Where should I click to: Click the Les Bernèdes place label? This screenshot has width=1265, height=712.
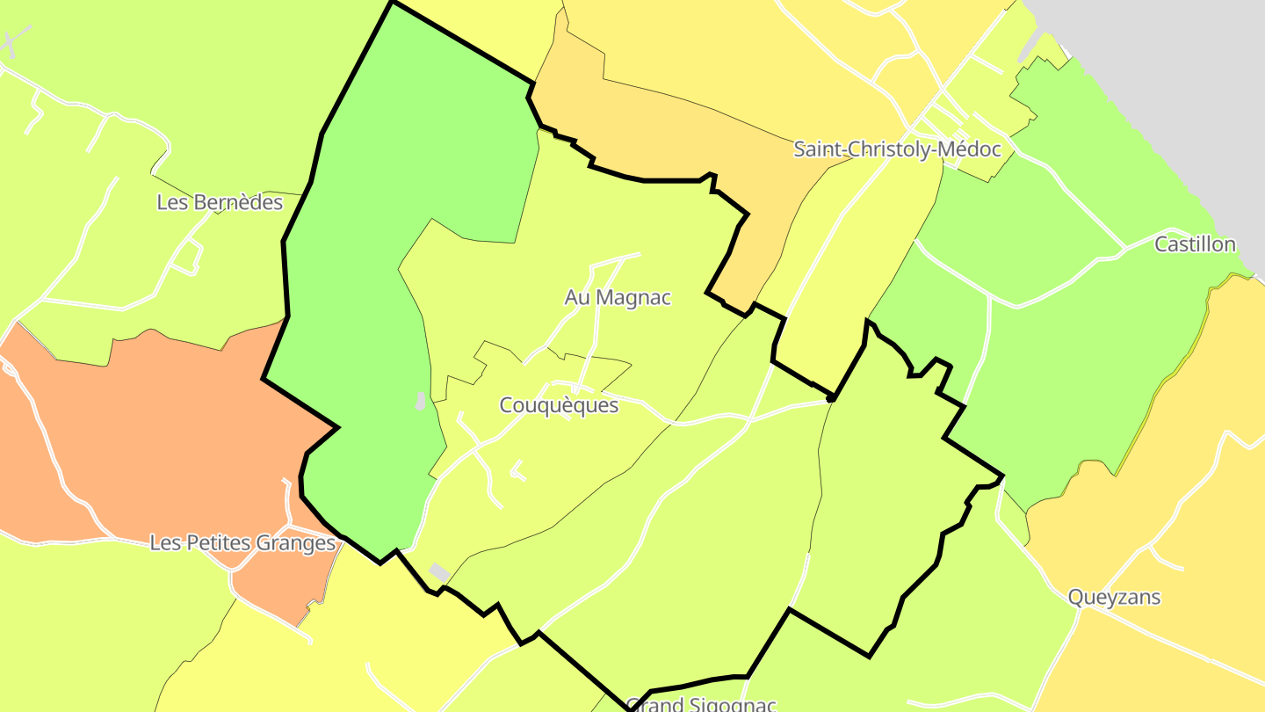pos(220,202)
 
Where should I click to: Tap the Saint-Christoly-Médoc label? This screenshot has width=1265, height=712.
pos(897,149)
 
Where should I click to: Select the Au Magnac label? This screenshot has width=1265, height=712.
pos(618,298)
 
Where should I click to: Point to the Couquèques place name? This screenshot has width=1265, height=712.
pos(559,405)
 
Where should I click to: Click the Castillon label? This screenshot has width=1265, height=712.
pos(1195,244)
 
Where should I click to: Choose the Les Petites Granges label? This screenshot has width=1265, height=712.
pos(242,543)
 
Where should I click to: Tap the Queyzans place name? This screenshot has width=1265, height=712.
pos(1114,598)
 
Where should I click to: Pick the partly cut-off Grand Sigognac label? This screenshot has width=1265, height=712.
pos(701,704)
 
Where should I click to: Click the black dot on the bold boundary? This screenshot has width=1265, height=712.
pos(830,398)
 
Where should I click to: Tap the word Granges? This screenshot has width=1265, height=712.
pos(296,543)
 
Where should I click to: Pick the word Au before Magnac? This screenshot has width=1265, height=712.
pos(577,298)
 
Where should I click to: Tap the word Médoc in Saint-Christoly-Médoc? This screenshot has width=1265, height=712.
pos(969,149)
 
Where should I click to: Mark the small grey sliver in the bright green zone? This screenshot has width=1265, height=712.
pos(421,401)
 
